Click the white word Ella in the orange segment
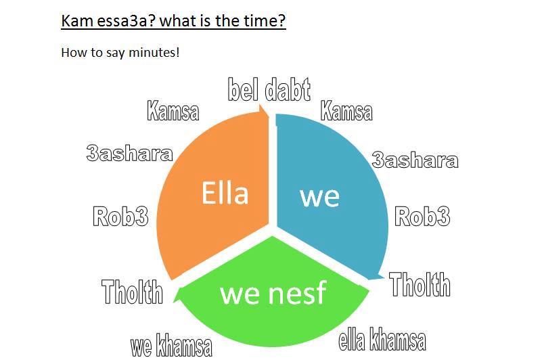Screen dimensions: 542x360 (x=225, y=193)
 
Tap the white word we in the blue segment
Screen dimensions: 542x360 (x=320, y=197)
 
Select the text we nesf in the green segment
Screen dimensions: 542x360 (x=273, y=292)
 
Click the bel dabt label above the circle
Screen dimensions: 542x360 (x=269, y=89)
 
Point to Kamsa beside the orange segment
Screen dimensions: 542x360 (x=173, y=111)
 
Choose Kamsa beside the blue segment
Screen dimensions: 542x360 (x=346, y=111)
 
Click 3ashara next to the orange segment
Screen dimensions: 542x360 (x=130, y=153)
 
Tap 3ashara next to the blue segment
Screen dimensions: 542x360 (x=415, y=160)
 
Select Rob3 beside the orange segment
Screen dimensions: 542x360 (x=120, y=216)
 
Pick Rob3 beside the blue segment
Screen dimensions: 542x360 (x=422, y=216)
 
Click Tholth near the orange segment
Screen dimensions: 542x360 (x=133, y=292)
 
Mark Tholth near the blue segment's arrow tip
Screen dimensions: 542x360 (x=420, y=284)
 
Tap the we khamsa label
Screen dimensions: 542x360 (x=171, y=345)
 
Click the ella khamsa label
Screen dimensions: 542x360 (x=382, y=339)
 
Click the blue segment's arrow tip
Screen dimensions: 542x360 (x=384, y=276)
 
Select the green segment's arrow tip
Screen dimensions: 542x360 (x=174, y=301)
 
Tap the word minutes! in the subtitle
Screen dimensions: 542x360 (x=154, y=53)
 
